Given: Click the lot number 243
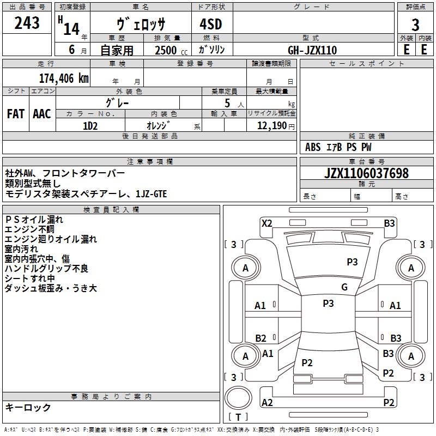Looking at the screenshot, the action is [27, 23].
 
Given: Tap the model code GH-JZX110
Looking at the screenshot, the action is [312, 50].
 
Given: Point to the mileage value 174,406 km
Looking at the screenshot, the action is [64, 78].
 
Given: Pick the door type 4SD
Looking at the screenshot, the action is [207, 25].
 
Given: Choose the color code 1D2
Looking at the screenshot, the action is [90, 126].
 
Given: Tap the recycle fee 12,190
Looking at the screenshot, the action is [271, 126].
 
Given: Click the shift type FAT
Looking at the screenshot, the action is [16, 114].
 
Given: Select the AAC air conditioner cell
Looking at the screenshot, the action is [42, 114].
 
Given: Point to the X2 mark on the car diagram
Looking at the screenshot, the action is [267, 223].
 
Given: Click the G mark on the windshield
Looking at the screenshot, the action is [344, 287].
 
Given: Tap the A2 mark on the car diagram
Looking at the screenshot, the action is [267, 402].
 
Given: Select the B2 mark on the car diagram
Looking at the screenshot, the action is [261, 338].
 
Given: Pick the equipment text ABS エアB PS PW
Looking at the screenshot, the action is [338, 147].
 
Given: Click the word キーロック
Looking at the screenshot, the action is [28, 407].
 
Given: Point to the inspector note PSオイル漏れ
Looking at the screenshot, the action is [34, 220].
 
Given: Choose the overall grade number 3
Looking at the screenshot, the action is [415, 25].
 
